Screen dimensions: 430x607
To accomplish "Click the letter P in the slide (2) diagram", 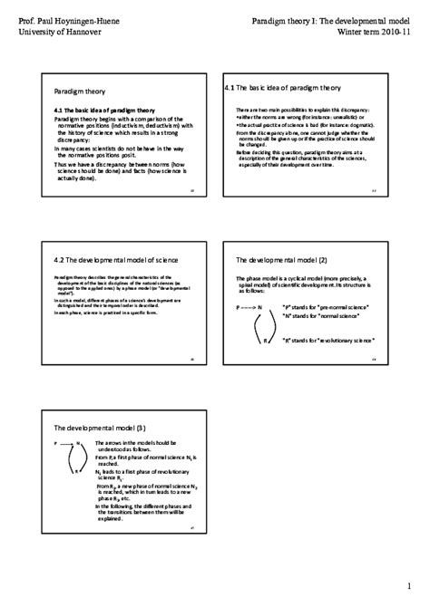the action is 239,308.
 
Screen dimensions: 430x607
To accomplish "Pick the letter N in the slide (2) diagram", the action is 260,308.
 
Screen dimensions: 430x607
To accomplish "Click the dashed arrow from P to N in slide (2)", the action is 249,308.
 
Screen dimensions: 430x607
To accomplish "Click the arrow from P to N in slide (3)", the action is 67,443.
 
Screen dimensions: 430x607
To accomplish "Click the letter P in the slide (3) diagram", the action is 55,443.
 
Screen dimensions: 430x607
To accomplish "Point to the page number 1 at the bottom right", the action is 409,583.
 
